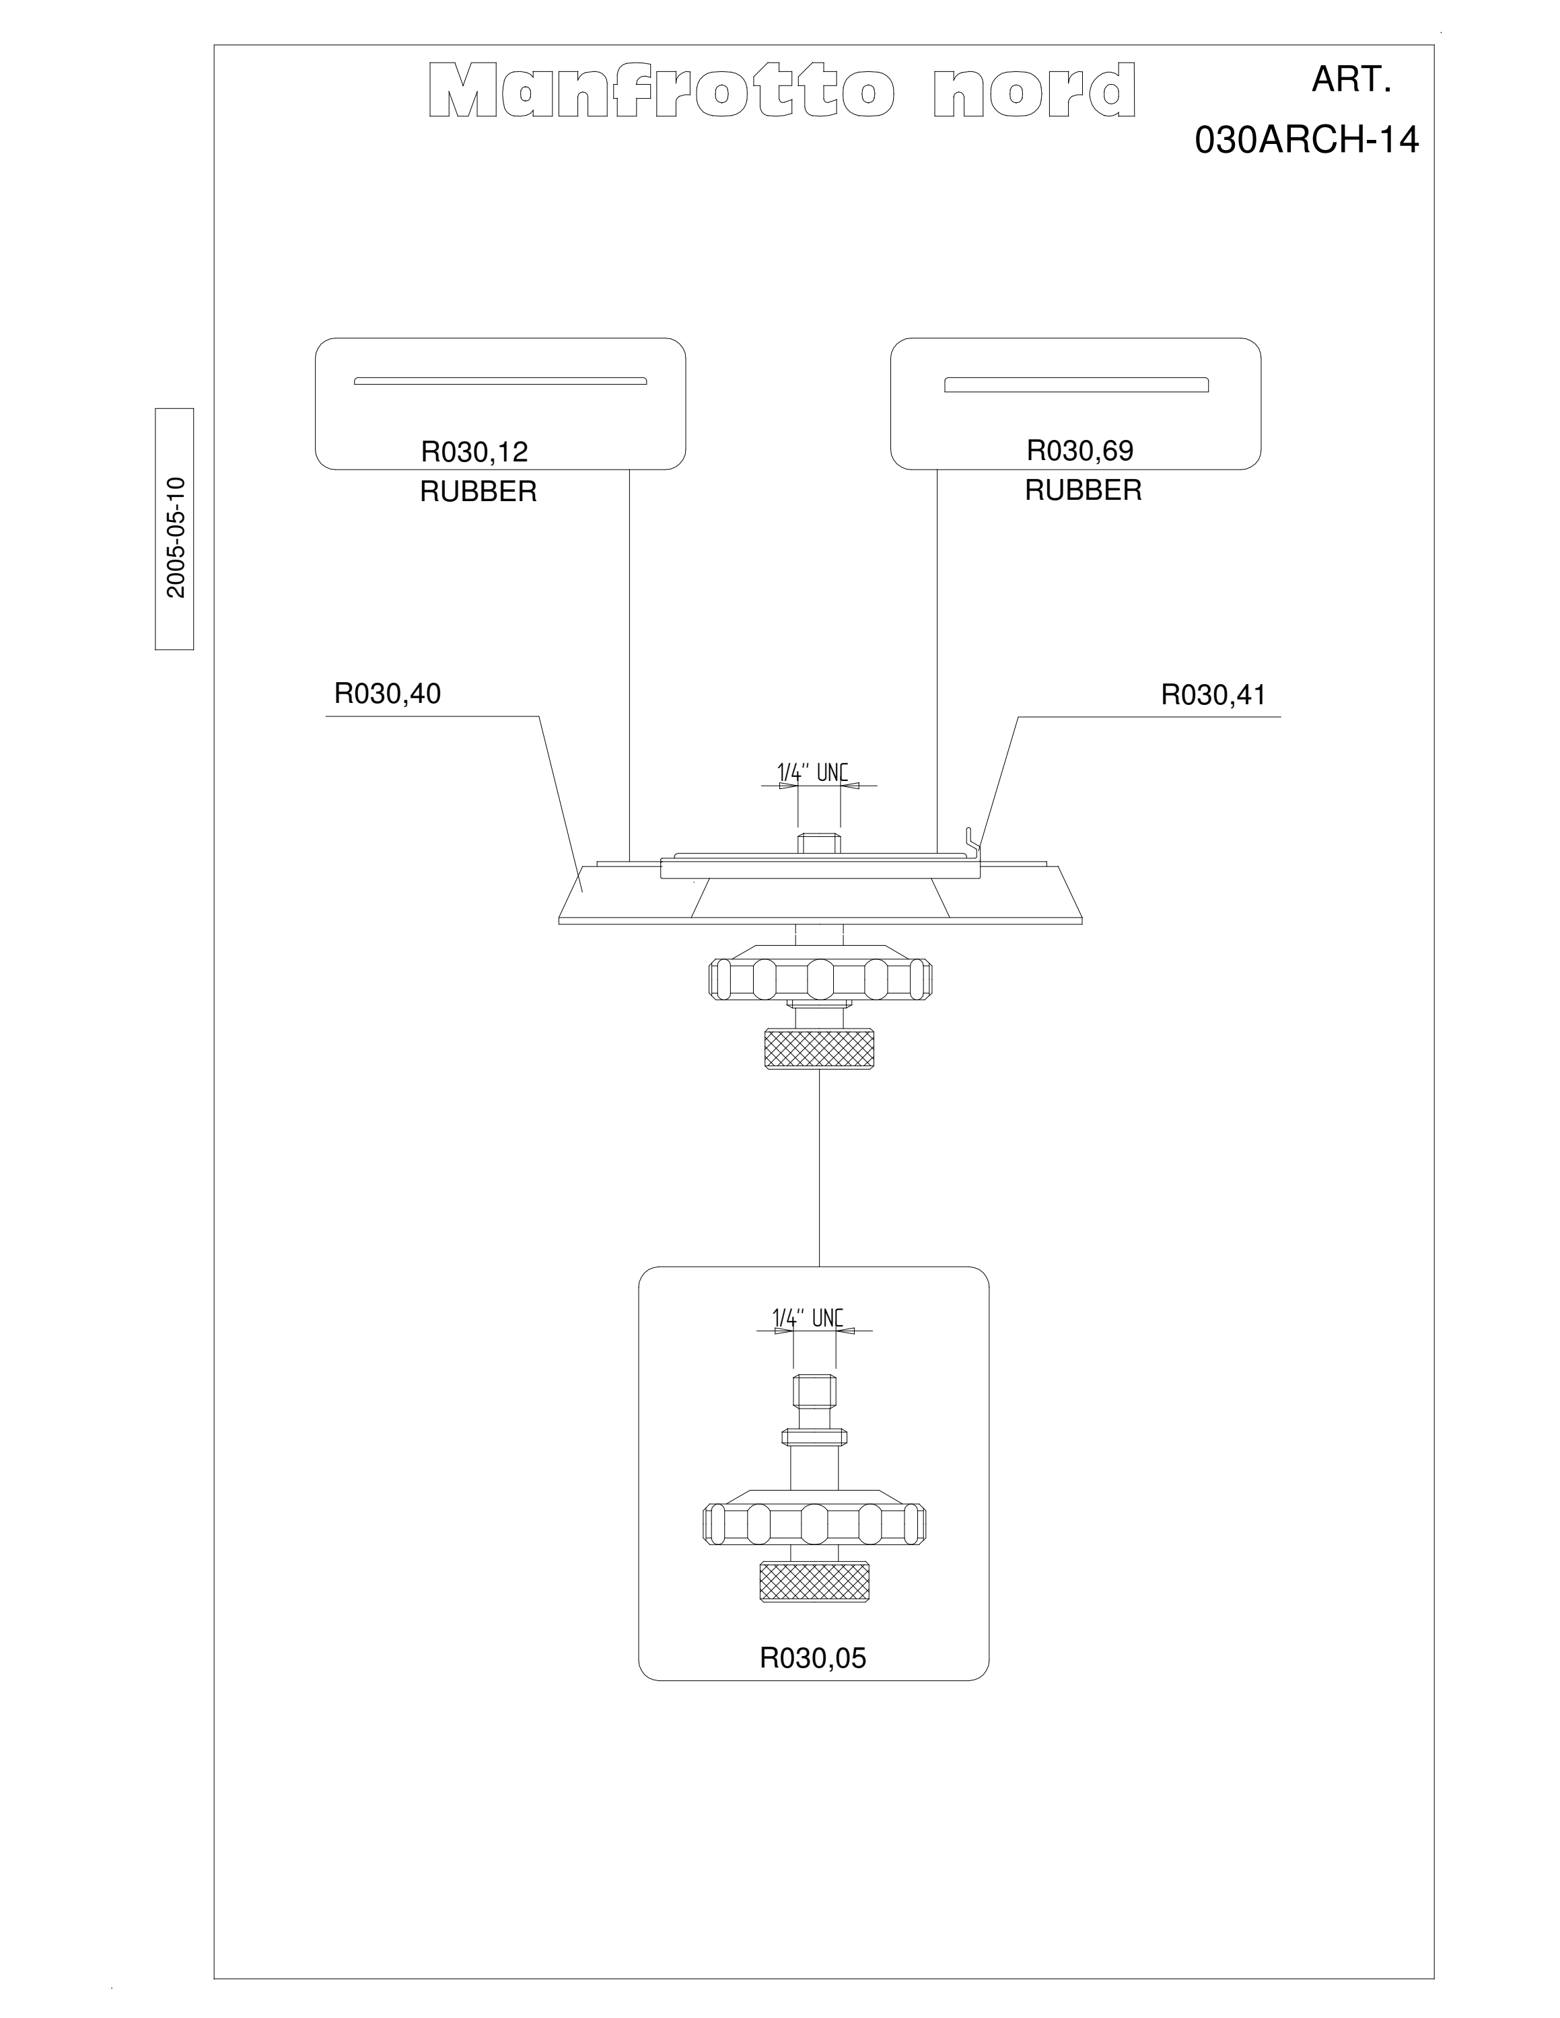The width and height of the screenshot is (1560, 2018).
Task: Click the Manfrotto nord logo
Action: [x=782, y=91]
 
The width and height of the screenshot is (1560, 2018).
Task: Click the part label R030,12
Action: [x=474, y=452]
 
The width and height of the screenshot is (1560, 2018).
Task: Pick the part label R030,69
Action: [x=1079, y=451]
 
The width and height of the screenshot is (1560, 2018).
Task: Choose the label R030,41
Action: [x=1213, y=695]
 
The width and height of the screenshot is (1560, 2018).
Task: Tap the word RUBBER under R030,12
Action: [x=478, y=492]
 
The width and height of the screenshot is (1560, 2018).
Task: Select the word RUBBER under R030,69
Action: [x=1083, y=490]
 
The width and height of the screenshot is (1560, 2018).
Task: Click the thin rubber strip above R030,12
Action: [x=500, y=381]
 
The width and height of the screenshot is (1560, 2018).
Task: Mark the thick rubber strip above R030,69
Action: [x=1075, y=384]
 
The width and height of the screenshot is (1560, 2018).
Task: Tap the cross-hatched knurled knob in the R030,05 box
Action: [x=813, y=1581]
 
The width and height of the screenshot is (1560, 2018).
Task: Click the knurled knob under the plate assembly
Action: [x=819, y=1049]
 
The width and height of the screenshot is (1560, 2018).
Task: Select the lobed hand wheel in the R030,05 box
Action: [x=814, y=1522]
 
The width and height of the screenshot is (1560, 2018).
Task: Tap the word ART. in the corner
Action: [x=1351, y=81]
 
